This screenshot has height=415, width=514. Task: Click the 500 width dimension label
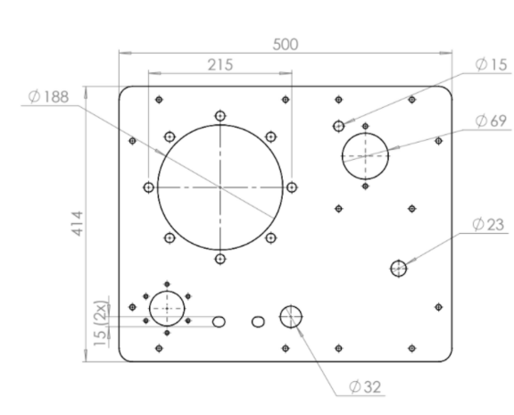[286, 45]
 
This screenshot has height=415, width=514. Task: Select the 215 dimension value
[220, 65]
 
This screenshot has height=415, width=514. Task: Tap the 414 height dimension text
[78, 223]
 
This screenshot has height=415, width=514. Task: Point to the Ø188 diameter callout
[48, 96]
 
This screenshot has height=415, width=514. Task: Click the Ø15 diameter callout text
[491, 64]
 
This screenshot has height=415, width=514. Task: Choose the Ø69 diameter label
[491, 121]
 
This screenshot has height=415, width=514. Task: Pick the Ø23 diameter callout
[488, 225]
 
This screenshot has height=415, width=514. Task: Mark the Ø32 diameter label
[365, 386]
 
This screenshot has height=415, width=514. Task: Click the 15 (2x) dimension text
[100, 323]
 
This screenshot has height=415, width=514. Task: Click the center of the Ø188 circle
[220, 187]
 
